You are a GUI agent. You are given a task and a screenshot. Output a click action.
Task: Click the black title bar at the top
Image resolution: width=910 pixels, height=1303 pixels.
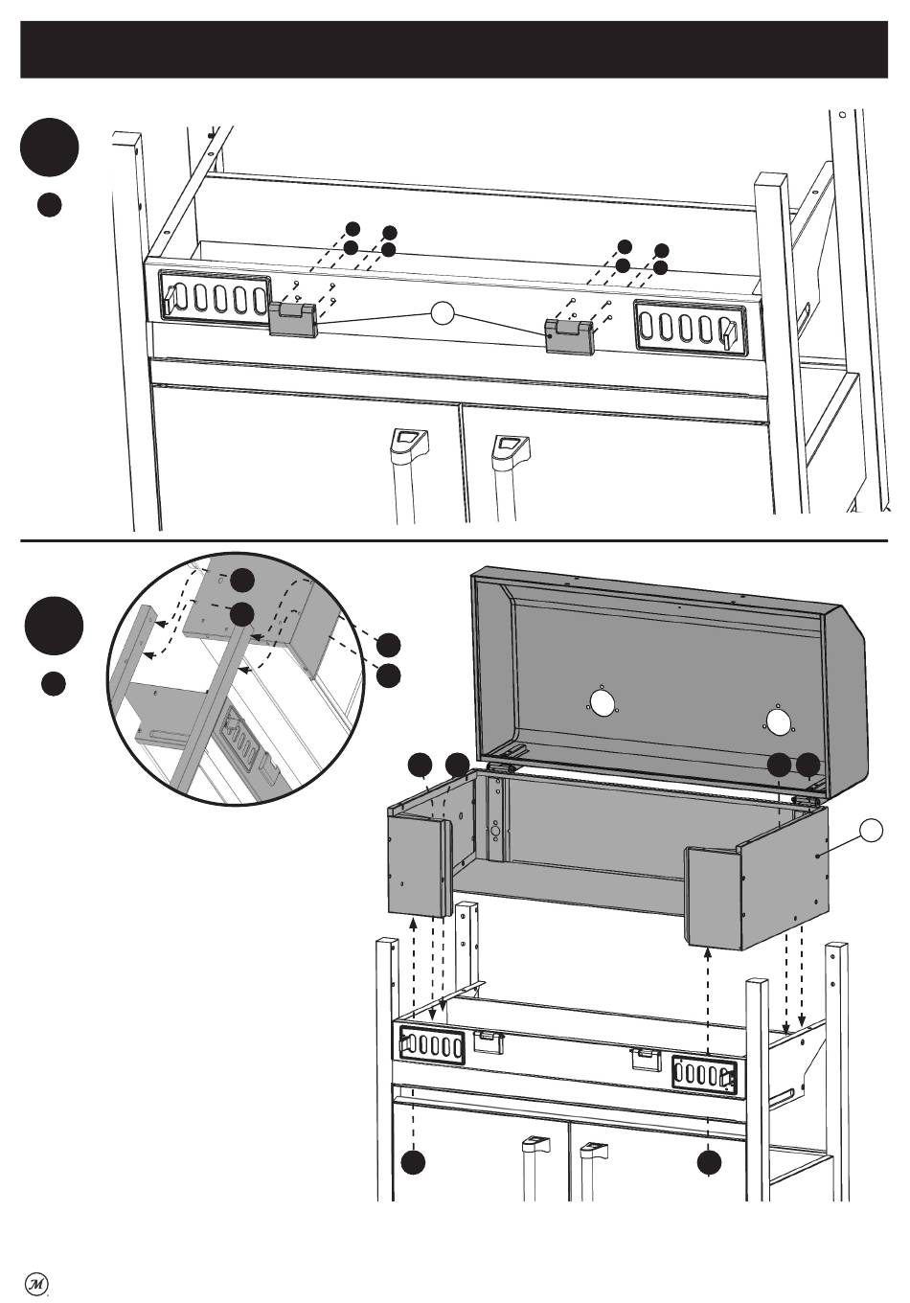click(x=455, y=49)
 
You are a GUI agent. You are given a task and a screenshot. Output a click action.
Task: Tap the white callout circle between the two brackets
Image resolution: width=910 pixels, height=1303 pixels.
click(x=441, y=314)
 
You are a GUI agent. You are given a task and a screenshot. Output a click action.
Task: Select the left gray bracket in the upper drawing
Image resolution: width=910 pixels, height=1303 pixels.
click(x=291, y=319)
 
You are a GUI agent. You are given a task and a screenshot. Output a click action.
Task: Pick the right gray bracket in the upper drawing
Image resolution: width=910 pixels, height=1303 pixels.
click(x=570, y=335)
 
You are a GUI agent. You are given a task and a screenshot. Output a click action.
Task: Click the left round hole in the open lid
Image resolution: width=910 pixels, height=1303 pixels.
click(x=602, y=704)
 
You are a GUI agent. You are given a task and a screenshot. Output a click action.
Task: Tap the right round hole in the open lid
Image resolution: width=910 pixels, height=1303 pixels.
click(x=781, y=720)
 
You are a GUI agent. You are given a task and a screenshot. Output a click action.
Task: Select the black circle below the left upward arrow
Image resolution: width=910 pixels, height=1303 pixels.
click(x=414, y=1162)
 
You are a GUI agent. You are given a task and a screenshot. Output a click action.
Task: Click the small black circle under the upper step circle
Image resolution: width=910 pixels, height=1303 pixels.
click(x=51, y=204)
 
